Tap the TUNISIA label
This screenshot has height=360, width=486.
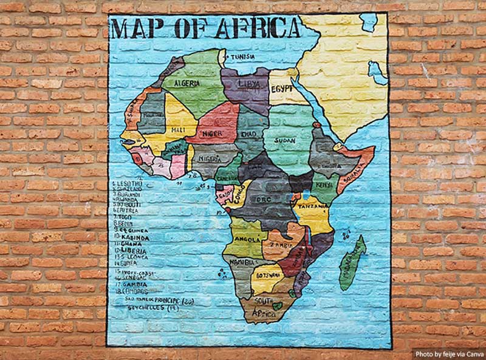click(242, 57)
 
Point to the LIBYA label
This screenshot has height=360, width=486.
click(245, 83)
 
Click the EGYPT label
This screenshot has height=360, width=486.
click(282, 87)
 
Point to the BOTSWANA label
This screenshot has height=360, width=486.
click(267, 275)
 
